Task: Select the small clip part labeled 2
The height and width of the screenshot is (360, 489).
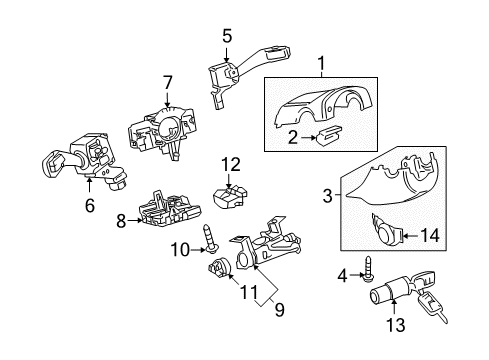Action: pos(330,135)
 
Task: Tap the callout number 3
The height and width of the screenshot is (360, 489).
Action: pos(328,196)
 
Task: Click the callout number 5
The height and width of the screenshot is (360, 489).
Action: pos(227,36)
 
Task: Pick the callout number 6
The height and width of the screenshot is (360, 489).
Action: pos(90,205)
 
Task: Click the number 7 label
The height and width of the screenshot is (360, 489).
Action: pos(167,82)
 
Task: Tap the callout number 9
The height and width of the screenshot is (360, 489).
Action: pos(279,310)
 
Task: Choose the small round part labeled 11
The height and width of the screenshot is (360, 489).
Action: pos(218,268)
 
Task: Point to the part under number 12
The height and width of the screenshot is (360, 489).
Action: pos(230,197)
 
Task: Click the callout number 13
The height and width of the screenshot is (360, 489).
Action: pos(396,325)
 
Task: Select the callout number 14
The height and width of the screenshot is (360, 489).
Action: pos(429,236)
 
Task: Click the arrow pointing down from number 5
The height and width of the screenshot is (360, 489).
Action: pos(227,53)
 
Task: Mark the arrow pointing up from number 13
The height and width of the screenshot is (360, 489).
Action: pos(394,307)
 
